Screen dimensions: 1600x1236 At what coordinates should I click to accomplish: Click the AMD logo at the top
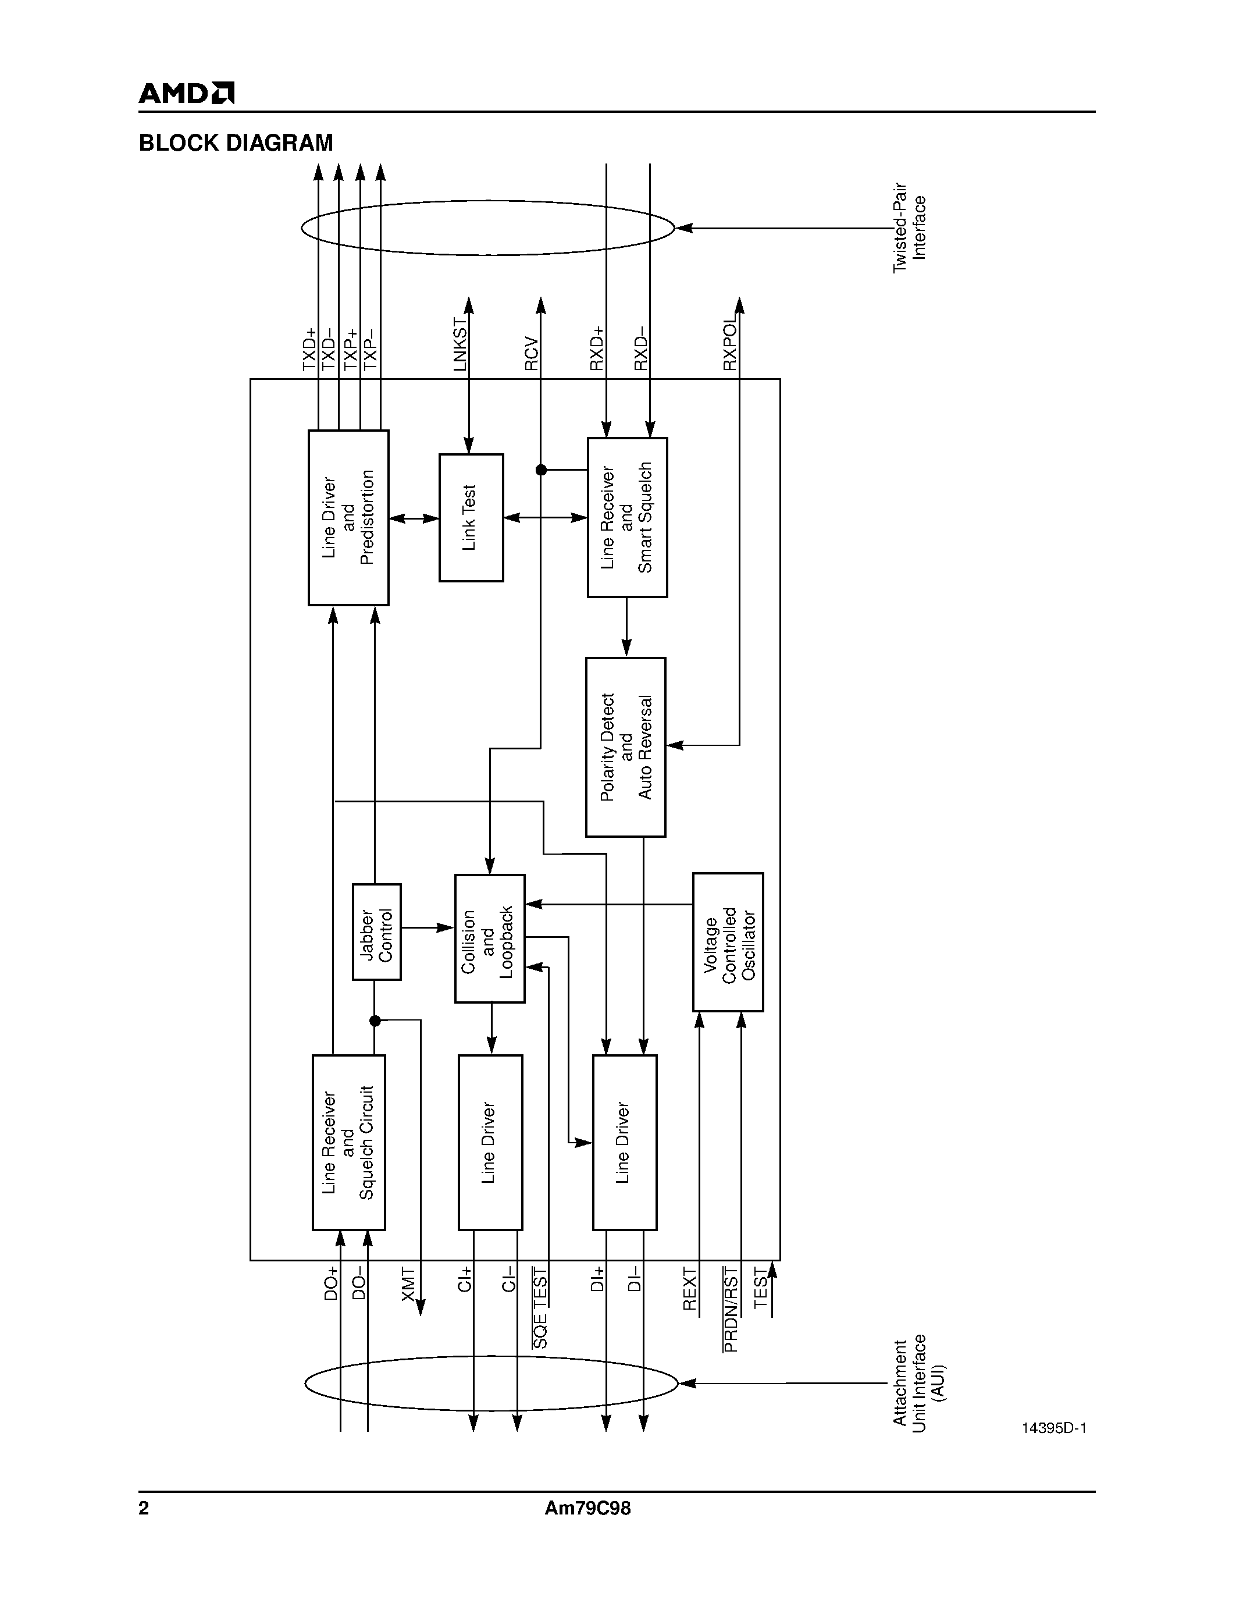coord(187,93)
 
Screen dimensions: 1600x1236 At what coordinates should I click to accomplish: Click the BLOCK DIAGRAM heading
coord(236,143)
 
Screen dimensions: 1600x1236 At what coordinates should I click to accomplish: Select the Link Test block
coord(471,517)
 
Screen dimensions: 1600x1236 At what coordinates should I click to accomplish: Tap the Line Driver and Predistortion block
coord(348,517)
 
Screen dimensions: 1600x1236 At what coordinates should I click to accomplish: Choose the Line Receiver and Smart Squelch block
coord(627,517)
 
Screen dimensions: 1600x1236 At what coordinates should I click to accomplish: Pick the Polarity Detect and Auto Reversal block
coord(625,746)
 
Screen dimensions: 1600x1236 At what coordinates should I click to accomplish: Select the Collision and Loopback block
coord(489,938)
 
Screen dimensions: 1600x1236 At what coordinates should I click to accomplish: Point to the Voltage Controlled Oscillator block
coord(728,941)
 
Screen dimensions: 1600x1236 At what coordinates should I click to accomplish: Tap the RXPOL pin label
coord(730,344)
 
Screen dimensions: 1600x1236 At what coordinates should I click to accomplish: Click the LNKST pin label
coord(460,344)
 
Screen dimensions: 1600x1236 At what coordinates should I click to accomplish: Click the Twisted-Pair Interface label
coord(910,228)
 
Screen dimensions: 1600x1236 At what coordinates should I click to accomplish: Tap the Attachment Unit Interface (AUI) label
coord(919,1383)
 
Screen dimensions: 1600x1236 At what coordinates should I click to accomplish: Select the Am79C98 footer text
coord(587,1509)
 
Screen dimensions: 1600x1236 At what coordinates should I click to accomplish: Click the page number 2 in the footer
coord(144,1509)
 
